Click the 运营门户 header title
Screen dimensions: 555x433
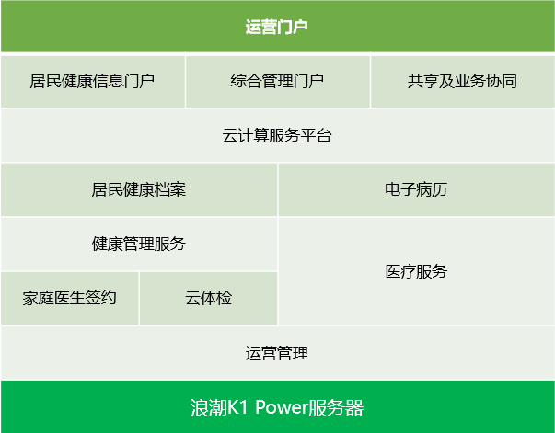276,27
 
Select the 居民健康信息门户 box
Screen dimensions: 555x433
93,81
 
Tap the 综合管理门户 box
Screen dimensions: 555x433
278,81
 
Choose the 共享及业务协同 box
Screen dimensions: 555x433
463,81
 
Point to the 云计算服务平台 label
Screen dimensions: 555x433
277,135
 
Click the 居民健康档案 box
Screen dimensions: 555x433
139,189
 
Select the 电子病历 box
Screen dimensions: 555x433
417,189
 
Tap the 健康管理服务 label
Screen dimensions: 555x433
138,244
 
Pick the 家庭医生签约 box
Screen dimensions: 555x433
69,298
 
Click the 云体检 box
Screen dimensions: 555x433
209,298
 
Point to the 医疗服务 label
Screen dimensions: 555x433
416,271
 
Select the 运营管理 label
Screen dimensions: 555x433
277,353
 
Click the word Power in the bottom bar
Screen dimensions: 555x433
282,407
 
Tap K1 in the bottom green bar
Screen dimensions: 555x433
237,407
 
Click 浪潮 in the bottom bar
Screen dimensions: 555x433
208,407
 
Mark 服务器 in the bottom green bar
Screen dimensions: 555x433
336,407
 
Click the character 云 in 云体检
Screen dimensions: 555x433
192,298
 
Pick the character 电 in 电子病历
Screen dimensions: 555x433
393,189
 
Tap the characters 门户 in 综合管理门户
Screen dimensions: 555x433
308,81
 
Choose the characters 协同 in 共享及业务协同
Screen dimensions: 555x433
502,81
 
